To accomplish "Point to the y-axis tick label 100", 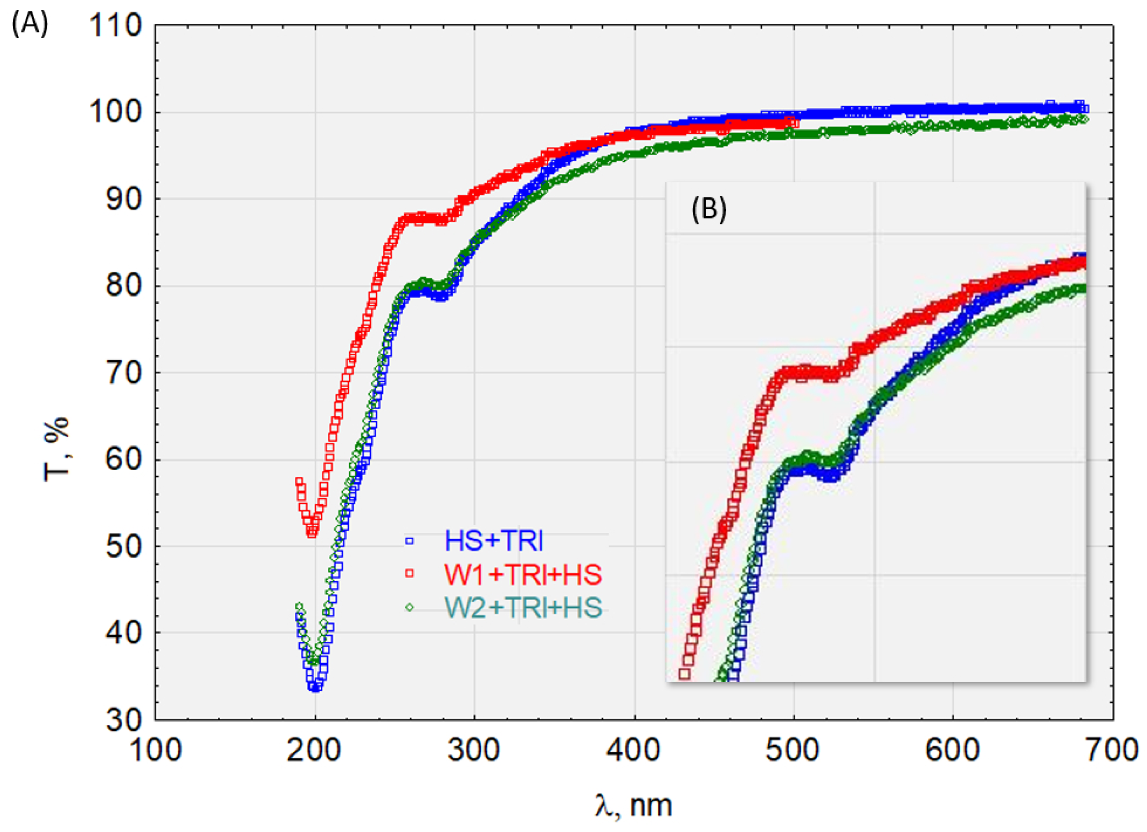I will pos(116,113).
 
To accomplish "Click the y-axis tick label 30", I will pos(123,720).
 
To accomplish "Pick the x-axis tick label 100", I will pos(156,751).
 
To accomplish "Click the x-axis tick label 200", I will pos(315,751).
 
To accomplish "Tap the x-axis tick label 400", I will pos(634,751).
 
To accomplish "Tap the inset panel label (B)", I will pos(709,210).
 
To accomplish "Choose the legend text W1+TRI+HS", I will pos(523,575).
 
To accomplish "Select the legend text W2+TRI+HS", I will pos(523,608).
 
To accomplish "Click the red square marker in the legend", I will pos(409,573).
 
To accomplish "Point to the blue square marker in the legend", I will pos(409,541).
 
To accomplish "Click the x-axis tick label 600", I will pos(952,751).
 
